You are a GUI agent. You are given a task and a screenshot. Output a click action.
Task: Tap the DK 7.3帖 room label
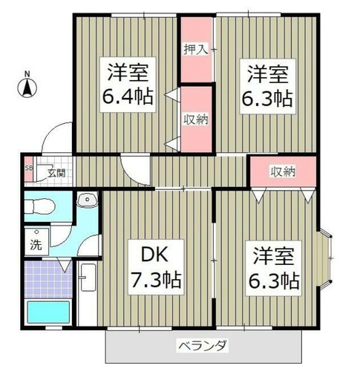pyautogui.click(x=156, y=267)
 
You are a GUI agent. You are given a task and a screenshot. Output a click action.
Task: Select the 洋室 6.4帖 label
pyautogui.click(x=128, y=85)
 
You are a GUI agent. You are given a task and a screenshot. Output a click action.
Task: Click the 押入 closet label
pyautogui.click(x=195, y=50)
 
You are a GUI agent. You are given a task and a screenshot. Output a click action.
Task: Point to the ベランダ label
pyautogui.click(x=203, y=346)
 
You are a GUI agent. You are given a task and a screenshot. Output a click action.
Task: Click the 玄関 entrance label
pyautogui.click(x=56, y=173)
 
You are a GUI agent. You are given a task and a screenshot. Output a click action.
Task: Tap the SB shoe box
pyautogui.click(x=28, y=168)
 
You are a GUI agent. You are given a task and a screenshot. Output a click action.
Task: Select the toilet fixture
pyautogui.click(x=40, y=206)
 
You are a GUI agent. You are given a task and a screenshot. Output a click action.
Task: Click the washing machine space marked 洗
pyautogui.click(x=36, y=242)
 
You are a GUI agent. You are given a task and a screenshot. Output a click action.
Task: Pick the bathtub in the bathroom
pyautogui.click(x=48, y=312)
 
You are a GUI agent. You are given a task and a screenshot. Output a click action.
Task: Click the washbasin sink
pyautogui.click(x=87, y=200)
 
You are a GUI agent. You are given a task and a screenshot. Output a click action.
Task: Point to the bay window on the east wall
pyautogui.click(x=325, y=258)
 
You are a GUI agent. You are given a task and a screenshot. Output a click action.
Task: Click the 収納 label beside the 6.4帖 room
pyautogui.click(x=195, y=119)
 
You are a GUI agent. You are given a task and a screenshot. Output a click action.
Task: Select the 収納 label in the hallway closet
pyautogui.click(x=283, y=171)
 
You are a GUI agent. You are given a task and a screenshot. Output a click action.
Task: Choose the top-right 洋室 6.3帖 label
pyautogui.click(x=267, y=86)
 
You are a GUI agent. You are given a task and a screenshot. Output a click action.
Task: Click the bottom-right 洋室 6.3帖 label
pyautogui.click(x=273, y=268)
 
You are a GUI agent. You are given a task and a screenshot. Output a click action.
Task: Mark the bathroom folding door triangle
pyautogui.click(x=65, y=265)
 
